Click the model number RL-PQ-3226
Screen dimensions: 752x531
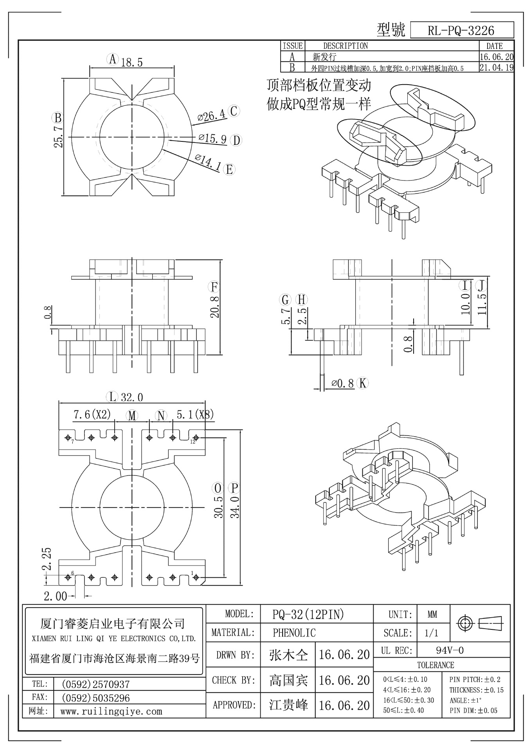(461, 31)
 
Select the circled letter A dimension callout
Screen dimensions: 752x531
(112, 60)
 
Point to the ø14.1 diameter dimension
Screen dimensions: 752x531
(208, 163)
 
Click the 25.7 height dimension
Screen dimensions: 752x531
(59, 137)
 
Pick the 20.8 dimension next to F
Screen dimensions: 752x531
(214, 306)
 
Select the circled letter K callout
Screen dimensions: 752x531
(363, 383)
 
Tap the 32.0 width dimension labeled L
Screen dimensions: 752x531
(131, 398)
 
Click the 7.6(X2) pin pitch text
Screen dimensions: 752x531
(92, 414)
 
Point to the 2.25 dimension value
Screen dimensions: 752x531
(47, 558)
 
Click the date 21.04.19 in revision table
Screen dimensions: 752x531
(496, 67)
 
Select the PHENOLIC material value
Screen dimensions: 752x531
(294, 633)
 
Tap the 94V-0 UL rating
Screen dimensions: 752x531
(450, 651)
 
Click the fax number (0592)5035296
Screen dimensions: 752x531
(95, 698)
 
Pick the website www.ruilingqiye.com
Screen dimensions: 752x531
(111, 712)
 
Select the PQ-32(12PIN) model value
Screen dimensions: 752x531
(308, 615)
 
